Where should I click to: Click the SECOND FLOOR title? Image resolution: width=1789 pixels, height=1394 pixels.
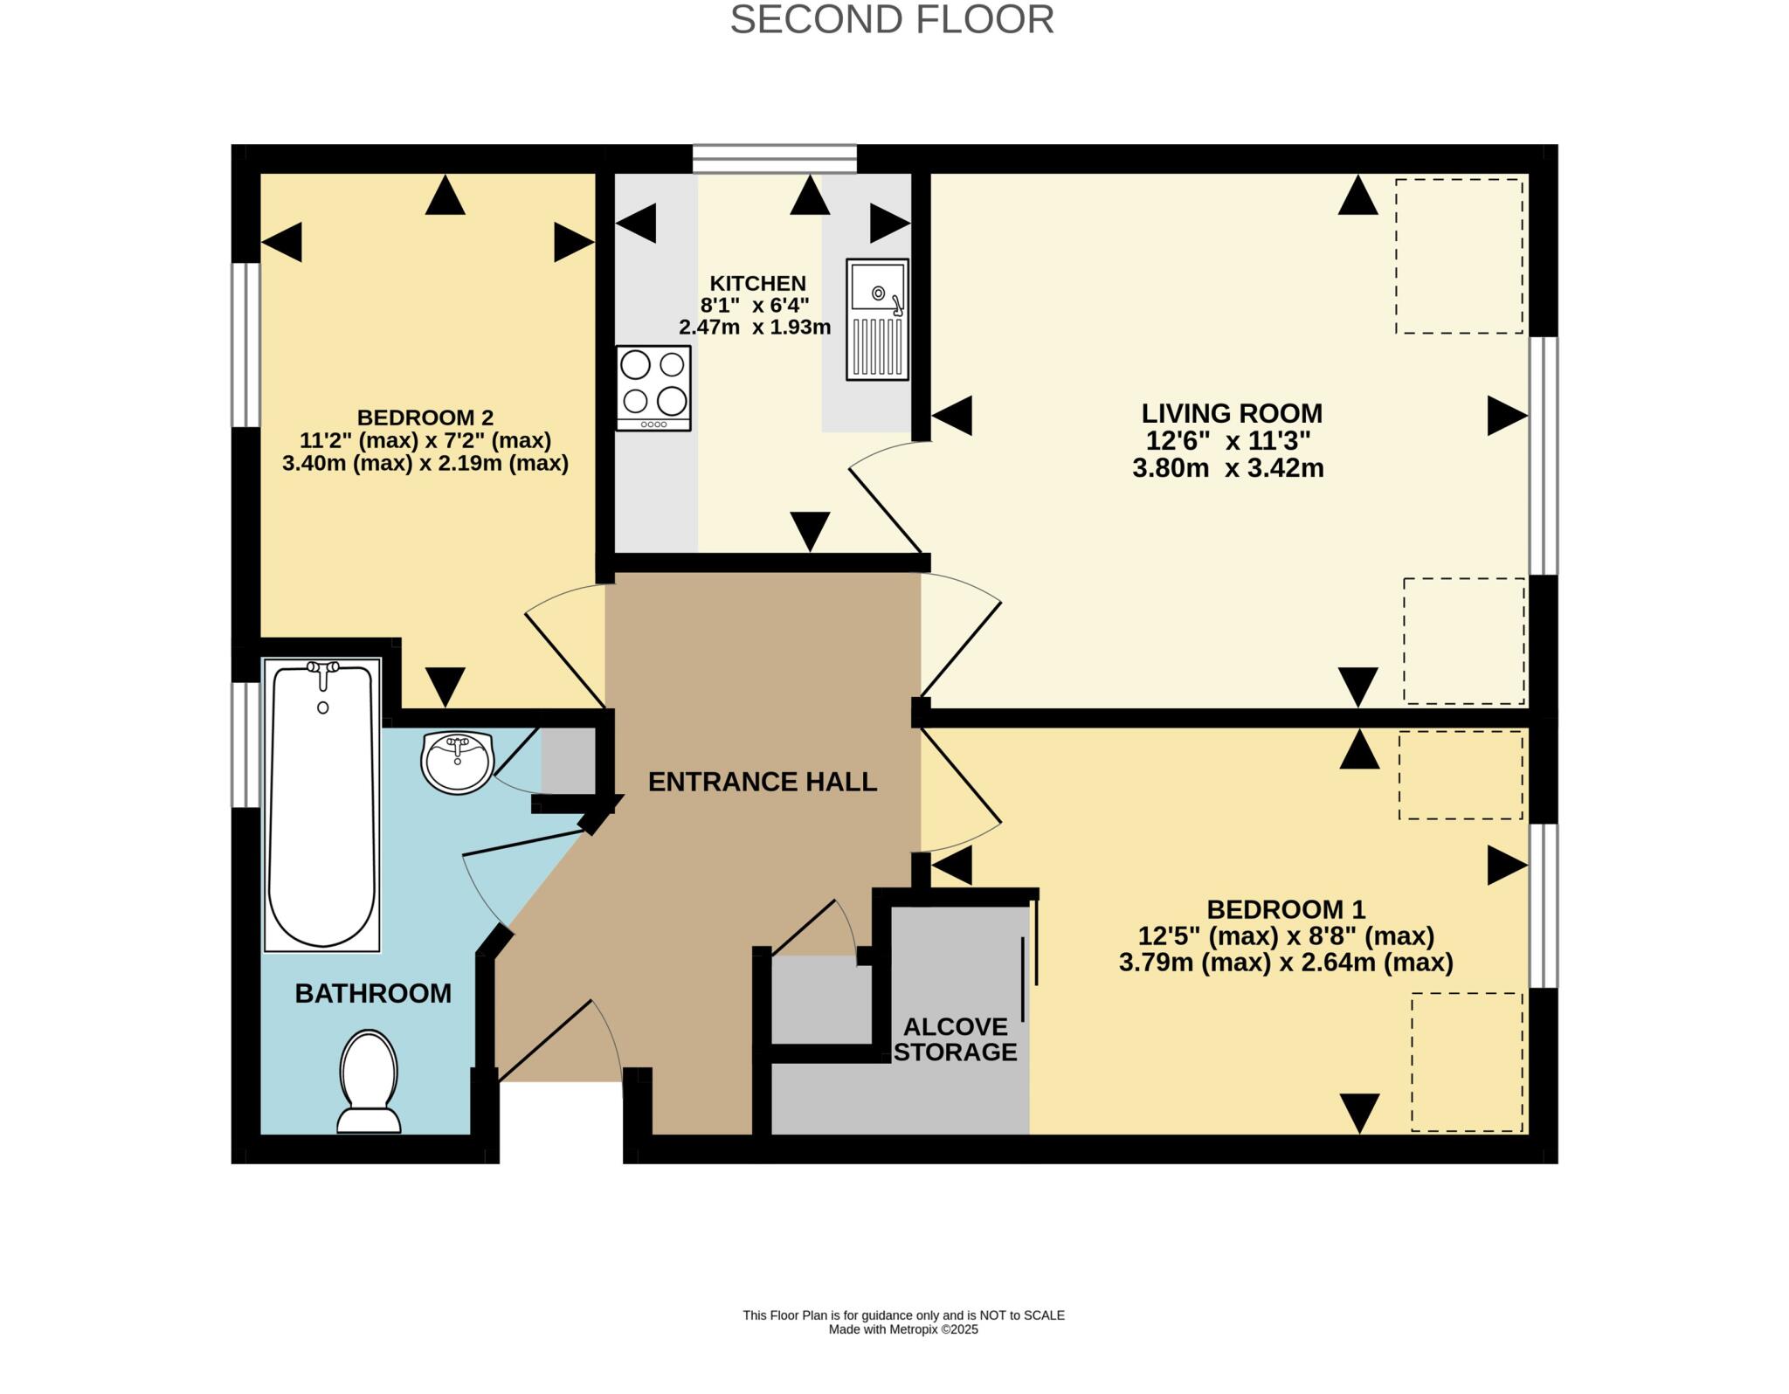click(x=892, y=19)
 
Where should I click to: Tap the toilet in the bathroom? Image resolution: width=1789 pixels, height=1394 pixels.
click(x=370, y=1081)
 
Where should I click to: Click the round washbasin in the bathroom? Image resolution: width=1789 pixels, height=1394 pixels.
click(x=458, y=763)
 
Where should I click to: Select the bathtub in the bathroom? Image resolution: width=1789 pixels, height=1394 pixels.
click(x=322, y=804)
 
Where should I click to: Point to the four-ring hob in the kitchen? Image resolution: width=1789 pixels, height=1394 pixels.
click(x=653, y=389)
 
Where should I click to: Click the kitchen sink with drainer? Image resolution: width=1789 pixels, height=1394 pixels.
click(x=877, y=320)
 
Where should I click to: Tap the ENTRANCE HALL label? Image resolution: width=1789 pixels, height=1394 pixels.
click(x=763, y=782)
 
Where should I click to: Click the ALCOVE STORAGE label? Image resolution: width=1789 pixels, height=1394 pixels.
click(x=956, y=1039)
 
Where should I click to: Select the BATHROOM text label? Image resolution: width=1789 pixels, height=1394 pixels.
click(x=373, y=993)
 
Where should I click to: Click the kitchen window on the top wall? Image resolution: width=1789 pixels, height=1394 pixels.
click(x=775, y=159)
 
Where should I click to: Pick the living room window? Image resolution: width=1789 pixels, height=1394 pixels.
click(x=1544, y=456)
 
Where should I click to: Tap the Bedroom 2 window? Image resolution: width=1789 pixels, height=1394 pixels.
click(x=245, y=345)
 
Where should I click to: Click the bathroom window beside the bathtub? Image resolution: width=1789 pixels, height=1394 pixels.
click(x=245, y=745)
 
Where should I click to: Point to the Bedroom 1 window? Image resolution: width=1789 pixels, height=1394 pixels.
click(x=1544, y=906)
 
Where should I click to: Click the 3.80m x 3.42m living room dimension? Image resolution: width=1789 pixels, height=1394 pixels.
click(x=1228, y=469)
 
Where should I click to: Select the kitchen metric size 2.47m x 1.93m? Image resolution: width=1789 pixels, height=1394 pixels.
click(x=755, y=328)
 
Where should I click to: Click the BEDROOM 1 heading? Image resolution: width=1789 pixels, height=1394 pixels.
click(x=1286, y=909)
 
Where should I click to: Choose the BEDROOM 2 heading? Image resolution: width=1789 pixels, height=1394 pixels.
click(x=425, y=418)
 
